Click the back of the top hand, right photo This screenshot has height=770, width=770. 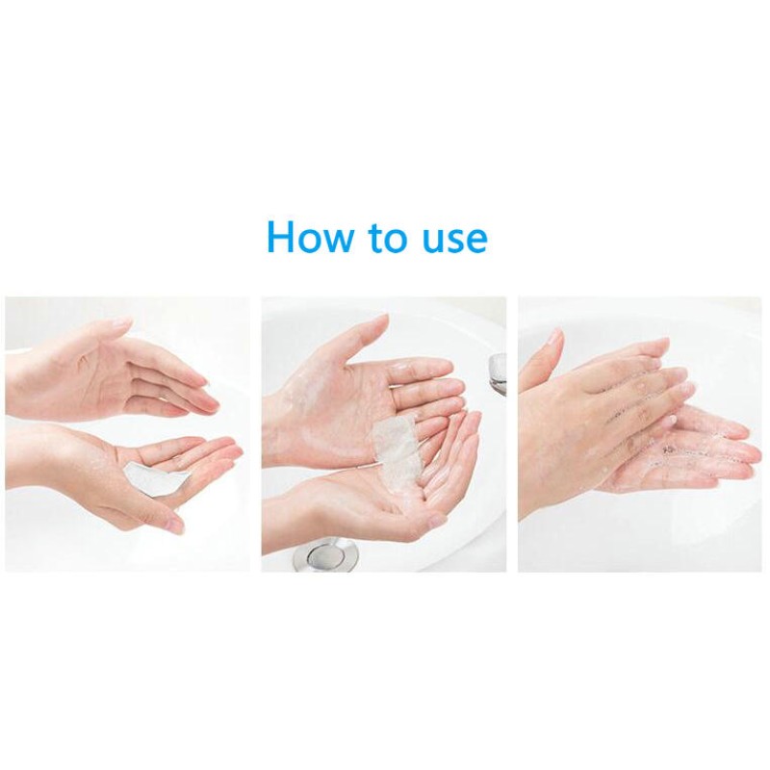click(597, 385)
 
